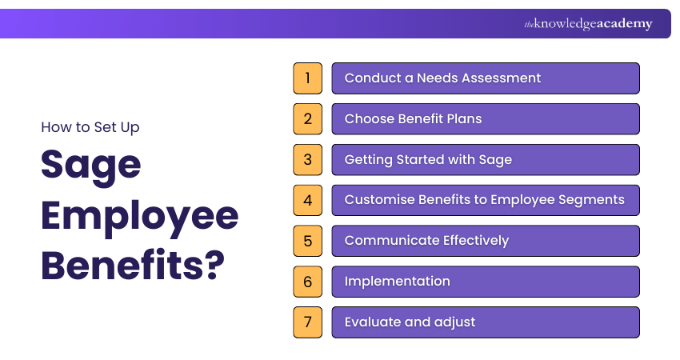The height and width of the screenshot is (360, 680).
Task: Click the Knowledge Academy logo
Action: tap(588, 24)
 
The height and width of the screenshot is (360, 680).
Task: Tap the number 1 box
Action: tap(307, 78)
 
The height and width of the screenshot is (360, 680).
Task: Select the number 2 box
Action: tap(307, 119)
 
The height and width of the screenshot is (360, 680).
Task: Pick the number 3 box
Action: tap(307, 159)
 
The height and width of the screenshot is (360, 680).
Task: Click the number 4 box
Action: tap(307, 200)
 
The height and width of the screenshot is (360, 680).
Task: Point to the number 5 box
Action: tap(307, 241)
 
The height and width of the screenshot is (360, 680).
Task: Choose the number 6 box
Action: tap(307, 282)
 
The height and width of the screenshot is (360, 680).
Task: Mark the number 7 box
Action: tap(307, 322)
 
